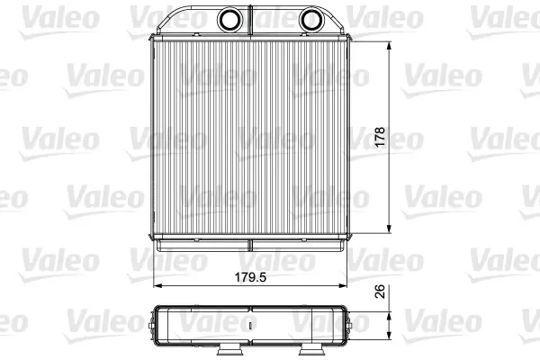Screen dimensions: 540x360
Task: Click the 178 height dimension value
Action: coord(380,137)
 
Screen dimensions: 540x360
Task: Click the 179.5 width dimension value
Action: coord(250,277)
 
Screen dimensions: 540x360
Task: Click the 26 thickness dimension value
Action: coord(380,292)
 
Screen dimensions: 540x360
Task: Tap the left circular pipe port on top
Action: coord(229,20)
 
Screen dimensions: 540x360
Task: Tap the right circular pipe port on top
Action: coord(310,20)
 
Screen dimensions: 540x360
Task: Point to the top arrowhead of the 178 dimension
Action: coord(389,46)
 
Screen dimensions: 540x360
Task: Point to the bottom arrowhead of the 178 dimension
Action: coord(389,229)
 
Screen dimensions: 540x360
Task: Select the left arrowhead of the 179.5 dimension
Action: coord(157,285)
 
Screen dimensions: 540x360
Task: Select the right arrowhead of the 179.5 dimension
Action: coord(343,285)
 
